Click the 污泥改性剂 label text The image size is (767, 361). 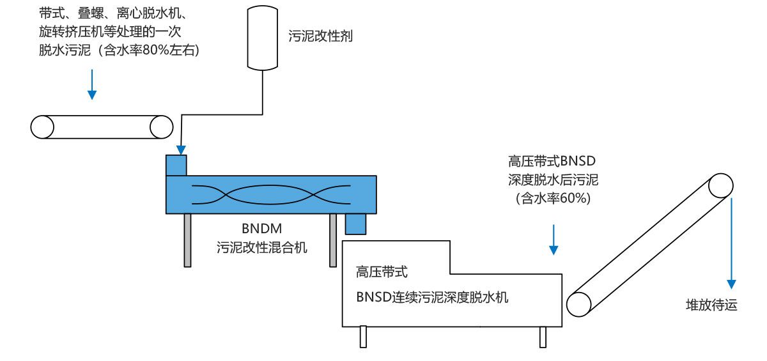click(321, 37)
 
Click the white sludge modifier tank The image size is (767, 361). click(263, 37)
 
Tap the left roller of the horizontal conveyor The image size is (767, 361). click(42, 127)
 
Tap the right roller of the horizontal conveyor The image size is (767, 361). click(161, 127)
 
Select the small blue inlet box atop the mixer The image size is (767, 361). click(176, 164)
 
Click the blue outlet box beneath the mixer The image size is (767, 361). click(354, 224)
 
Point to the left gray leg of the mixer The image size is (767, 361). click(187, 240)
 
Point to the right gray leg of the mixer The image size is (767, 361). click(333, 240)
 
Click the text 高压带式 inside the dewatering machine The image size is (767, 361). click(382, 272)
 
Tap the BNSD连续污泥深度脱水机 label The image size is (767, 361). click(432, 296)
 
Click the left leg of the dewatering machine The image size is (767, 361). click(363, 337)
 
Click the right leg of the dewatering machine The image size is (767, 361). click(543, 337)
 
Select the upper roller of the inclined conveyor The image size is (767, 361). click(720, 186)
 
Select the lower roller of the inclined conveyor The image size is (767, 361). click(580, 302)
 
